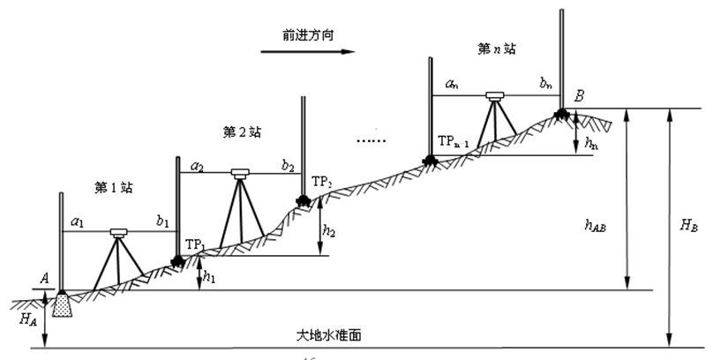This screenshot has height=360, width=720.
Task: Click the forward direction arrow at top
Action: coord(307,52)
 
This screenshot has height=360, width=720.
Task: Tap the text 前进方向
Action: coord(308,34)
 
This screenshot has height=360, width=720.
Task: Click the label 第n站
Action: coord(496,50)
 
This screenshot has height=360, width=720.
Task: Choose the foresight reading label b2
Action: coord(288,164)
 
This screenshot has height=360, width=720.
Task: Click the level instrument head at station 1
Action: coord(118,233)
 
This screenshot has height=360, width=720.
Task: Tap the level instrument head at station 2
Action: coord(241,173)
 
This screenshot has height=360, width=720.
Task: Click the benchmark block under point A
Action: coord(63,305)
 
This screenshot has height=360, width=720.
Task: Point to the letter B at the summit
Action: coord(579,96)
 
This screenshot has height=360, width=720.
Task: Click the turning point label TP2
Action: coord(321,183)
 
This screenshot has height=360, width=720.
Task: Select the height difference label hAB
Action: coord(607,225)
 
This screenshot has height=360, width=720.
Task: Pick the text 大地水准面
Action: coord(328,336)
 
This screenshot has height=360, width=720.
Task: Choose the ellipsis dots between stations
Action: coord(370,141)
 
